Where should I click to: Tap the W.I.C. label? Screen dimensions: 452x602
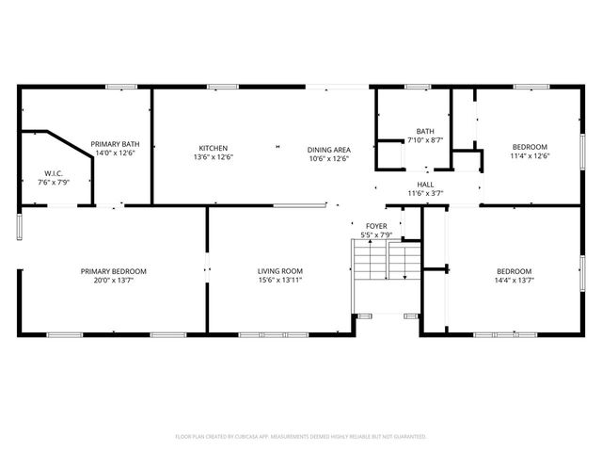point(53,172)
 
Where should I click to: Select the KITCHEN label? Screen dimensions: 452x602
point(213,148)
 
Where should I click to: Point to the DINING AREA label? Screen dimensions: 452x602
point(328,149)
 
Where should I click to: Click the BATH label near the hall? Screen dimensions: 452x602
point(425,131)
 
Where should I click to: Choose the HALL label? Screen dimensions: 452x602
point(425,184)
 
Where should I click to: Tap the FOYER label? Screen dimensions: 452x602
point(376,226)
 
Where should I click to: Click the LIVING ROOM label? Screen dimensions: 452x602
point(280,271)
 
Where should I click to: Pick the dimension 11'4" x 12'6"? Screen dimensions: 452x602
point(530,157)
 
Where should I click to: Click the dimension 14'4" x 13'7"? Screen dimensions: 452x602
point(514,281)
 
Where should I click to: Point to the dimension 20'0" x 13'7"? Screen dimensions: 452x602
point(113,281)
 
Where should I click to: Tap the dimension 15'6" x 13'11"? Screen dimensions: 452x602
point(280,281)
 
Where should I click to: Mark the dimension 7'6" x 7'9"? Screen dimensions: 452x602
point(53,182)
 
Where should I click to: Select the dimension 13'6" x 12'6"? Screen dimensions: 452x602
point(213,157)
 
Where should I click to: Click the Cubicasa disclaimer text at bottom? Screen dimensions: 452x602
point(301,437)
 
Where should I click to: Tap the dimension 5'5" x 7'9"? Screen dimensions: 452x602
point(376,234)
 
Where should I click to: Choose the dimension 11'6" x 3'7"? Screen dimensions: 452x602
point(425,193)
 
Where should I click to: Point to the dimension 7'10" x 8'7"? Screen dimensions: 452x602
point(425,140)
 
